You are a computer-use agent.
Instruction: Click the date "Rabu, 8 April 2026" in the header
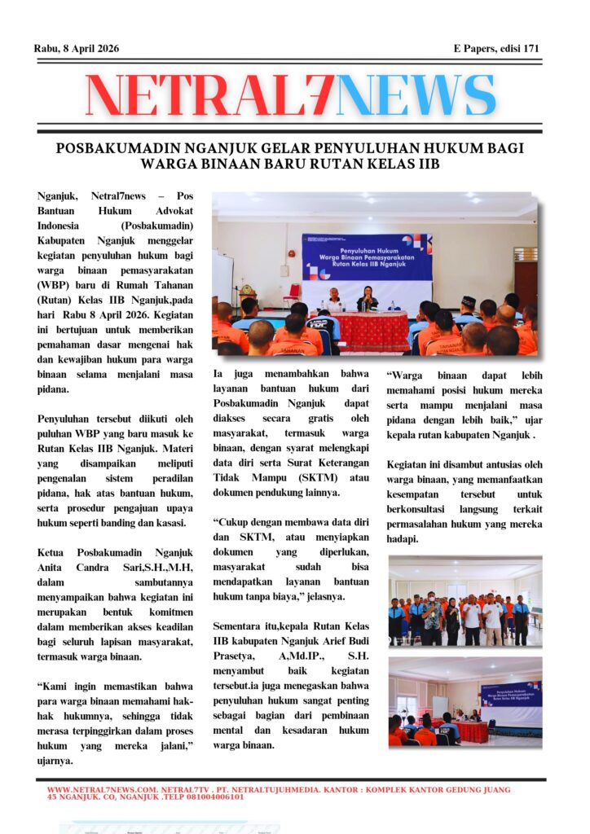click(x=77, y=49)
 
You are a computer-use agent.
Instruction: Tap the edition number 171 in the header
click(x=531, y=49)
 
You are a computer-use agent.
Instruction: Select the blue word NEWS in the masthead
click(x=416, y=95)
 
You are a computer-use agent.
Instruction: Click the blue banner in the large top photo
click(x=367, y=257)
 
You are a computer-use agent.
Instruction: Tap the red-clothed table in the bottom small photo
click(x=471, y=731)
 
